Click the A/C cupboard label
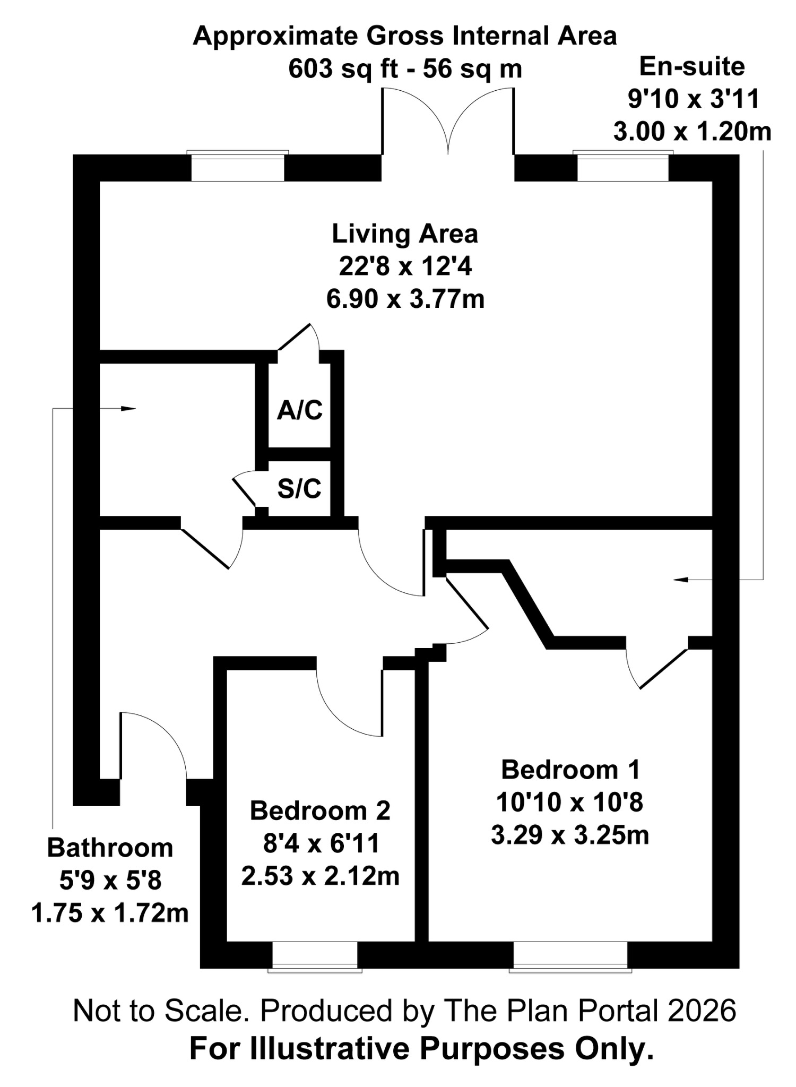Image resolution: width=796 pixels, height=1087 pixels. (x=300, y=410)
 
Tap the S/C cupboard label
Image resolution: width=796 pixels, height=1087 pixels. (x=299, y=488)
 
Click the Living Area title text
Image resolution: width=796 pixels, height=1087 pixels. (x=405, y=234)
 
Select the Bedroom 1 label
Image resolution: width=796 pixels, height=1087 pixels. (x=570, y=770)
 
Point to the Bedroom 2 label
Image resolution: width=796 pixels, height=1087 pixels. (x=320, y=810)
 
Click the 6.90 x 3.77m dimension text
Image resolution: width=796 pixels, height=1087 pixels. (x=405, y=299)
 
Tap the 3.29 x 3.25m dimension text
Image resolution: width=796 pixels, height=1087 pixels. (x=570, y=835)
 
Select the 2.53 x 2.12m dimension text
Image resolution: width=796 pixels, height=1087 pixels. (x=320, y=876)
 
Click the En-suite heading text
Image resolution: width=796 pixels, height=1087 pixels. (x=692, y=67)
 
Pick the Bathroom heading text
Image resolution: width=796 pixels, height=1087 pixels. (x=110, y=848)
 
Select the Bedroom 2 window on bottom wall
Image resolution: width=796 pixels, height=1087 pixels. (x=315, y=957)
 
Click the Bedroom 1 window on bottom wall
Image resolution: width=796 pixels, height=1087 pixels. (x=570, y=957)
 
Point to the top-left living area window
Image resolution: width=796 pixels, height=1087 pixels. (x=238, y=167)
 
